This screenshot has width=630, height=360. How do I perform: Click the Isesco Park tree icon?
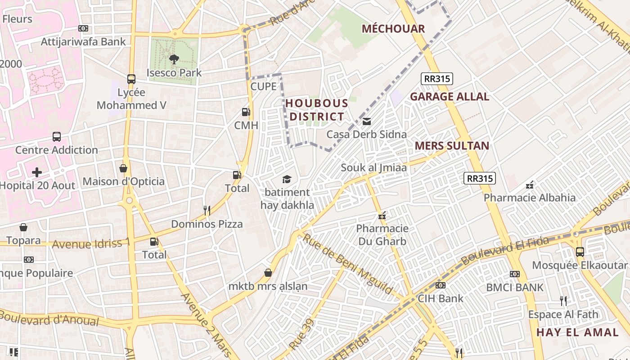click(174, 58)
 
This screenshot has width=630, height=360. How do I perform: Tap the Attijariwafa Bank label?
click(83, 42)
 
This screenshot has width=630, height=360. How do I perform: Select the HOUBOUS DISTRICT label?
click(317, 110)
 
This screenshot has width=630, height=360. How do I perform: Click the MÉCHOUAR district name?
click(393, 29)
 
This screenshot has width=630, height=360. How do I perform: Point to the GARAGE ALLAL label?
click(449, 96)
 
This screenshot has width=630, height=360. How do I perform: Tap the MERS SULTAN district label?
click(452, 146)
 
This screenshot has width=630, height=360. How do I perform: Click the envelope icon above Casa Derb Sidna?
click(367, 121)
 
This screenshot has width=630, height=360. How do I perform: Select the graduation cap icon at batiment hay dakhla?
click(287, 180)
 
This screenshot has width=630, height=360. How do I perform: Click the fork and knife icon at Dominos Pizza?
click(207, 210)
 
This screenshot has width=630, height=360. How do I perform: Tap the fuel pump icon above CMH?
click(246, 112)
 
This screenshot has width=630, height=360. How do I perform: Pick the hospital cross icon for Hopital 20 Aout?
click(37, 172)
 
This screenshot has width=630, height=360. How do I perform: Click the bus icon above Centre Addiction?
click(57, 136)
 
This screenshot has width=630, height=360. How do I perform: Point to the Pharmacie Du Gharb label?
click(382, 234)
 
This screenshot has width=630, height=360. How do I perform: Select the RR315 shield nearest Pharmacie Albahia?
click(480, 178)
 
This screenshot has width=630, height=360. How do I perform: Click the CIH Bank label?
click(441, 298)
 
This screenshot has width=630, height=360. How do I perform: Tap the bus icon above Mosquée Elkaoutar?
click(580, 252)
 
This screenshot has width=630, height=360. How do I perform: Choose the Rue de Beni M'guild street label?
click(347, 263)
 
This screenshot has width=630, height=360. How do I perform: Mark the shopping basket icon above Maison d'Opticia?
click(123, 168)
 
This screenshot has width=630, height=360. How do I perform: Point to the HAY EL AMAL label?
click(577, 333)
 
